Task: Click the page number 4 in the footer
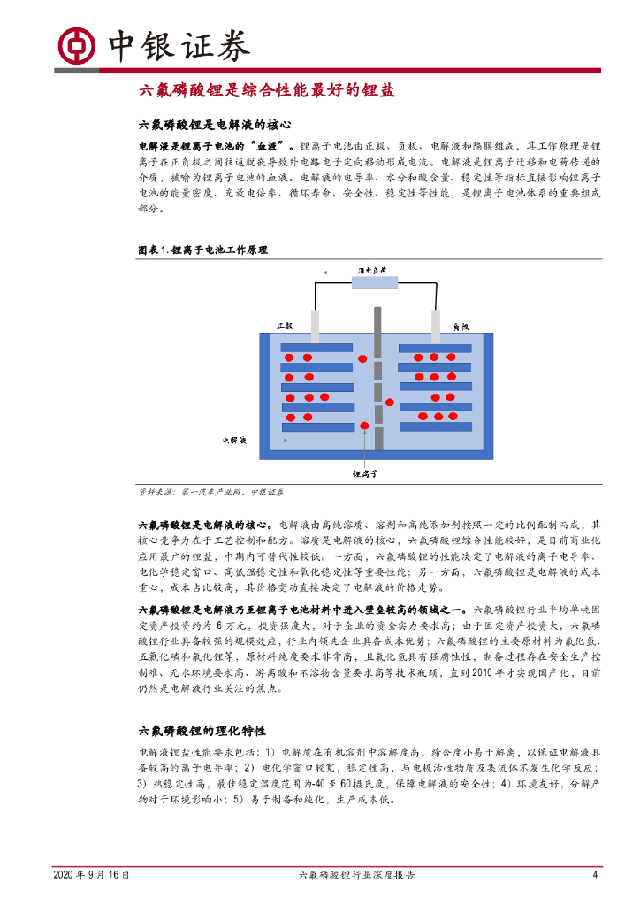(595, 875)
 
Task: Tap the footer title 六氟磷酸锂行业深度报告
(357, 875)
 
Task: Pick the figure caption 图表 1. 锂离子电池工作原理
(202, 250)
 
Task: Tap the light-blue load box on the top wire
(377, 284)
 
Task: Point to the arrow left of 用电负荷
(332, 272)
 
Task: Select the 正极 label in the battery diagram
(284, 326)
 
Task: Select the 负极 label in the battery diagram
(461, 326)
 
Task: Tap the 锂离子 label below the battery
(364, 474)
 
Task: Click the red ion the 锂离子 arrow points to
(364, 427)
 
